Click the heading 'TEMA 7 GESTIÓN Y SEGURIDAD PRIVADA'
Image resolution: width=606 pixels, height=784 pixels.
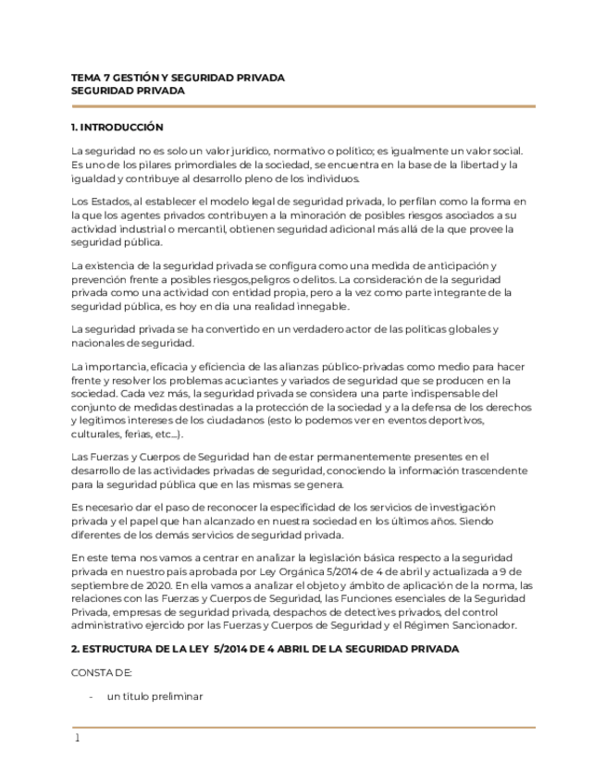point(178,78)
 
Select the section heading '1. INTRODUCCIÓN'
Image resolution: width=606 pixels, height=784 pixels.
point(117,127)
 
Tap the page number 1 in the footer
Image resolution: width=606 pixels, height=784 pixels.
point(78,738)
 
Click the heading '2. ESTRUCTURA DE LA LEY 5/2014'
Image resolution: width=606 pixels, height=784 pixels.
point(265,649)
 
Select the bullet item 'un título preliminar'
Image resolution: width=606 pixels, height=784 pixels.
point(155,696)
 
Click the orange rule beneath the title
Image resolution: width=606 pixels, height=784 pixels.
point(303,106)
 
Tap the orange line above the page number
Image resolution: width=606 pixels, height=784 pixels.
point(303,727)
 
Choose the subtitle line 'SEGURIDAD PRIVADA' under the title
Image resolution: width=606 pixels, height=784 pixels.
point(128,91)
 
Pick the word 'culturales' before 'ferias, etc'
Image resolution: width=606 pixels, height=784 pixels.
point(96,434)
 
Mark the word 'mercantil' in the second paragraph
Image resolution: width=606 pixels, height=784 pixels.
point(202,228)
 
